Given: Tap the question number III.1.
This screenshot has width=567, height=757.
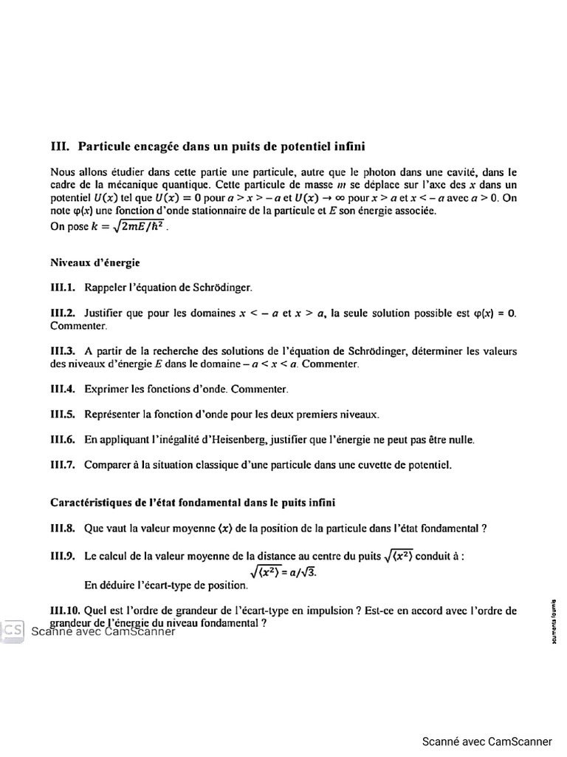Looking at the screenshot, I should coord(63,287).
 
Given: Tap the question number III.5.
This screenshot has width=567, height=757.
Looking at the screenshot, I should coord(63,414).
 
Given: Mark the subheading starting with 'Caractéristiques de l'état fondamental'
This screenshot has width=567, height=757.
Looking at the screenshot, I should coord(192,503).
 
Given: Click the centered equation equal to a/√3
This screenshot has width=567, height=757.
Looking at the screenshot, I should coord(283,571).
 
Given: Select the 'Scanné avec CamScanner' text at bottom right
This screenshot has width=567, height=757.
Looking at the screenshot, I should coord(487,741).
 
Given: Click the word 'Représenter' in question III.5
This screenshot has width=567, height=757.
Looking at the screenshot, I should coord(111,414).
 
